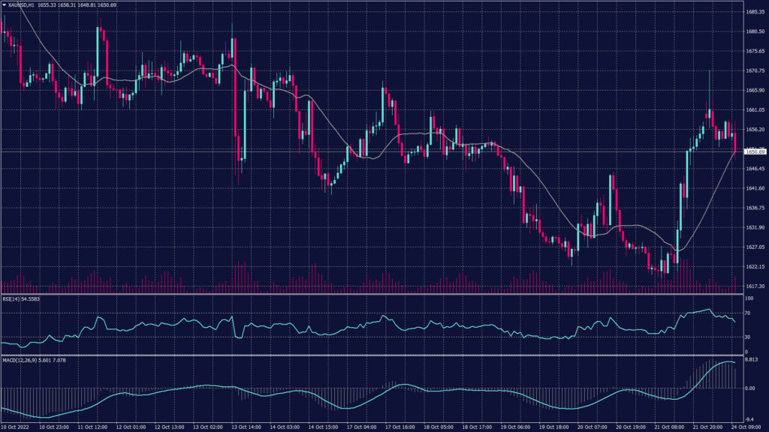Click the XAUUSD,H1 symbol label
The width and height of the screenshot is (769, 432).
pos(26,5)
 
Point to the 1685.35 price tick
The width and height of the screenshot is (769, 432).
pos(755,12)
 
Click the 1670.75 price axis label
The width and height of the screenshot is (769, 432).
pos(755,70)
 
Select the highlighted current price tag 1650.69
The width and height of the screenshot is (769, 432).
pos(755,151)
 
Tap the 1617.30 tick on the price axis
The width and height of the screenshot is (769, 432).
pos(755,286)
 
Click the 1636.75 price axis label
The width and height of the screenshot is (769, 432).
pos(755,208)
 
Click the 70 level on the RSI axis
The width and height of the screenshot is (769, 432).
pos(748,313)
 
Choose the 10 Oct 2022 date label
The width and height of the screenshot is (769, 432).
pos(17,427)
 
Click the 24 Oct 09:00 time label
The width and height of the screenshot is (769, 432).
pos(746,427)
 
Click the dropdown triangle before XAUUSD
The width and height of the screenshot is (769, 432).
pos(4,5)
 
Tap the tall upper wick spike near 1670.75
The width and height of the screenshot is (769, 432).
pos(709,82)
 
